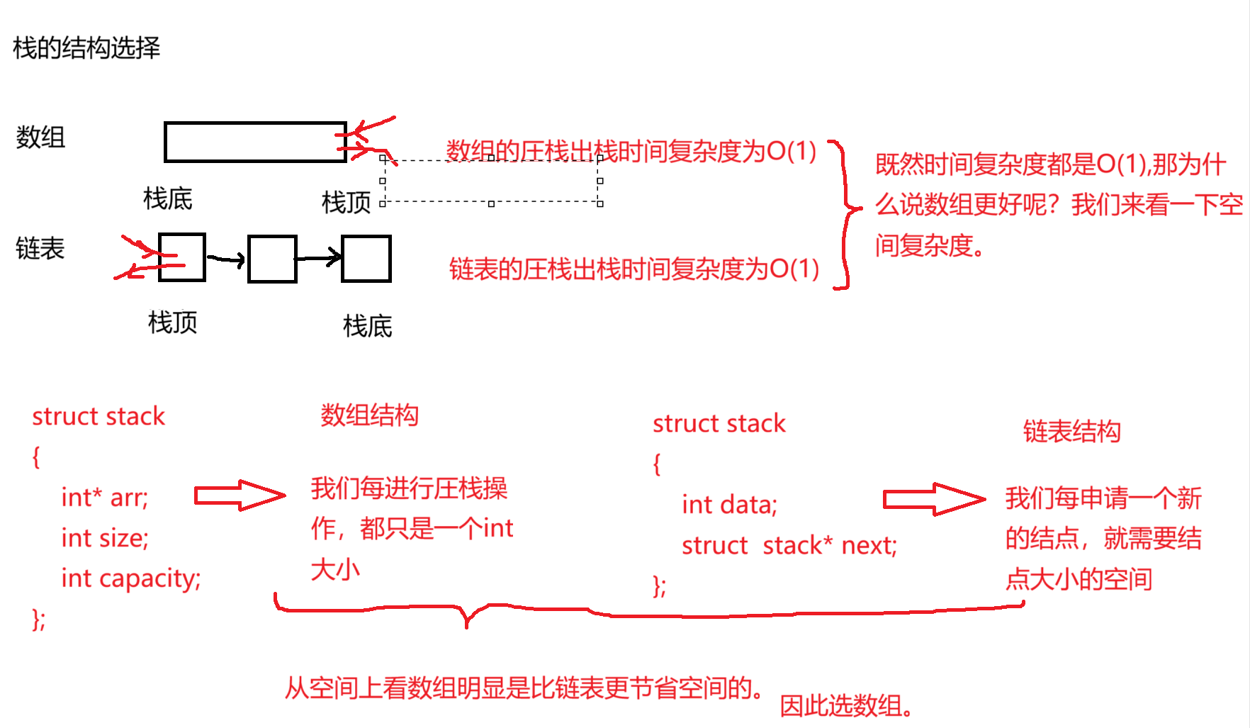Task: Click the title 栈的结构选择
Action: click(x=86, y=48)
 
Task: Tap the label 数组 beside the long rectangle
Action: click(x=40, y=137)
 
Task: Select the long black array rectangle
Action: click(x=255, y=142)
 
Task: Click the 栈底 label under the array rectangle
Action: click(x=168, y=199)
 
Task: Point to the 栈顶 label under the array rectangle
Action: click(x=347, y=203)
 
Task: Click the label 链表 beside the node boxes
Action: click(x=40, y=249)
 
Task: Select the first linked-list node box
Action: click(x=182, y=257)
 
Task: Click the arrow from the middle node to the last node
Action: click(x=319, y=258)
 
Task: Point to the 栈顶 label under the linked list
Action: click(x=173, y=323)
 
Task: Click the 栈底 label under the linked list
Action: click(x=368, y=327)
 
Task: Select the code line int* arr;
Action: click(x=105, y=498)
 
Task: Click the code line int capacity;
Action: click(x=131, y=578)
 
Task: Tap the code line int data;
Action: click(x=729, y=505)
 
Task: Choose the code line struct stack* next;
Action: click(x=789, y=546)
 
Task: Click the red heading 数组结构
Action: click(x=369, y=415)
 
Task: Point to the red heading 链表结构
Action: click(x=1071, y=432)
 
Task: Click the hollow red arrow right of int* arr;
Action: click(x=240, y=495)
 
